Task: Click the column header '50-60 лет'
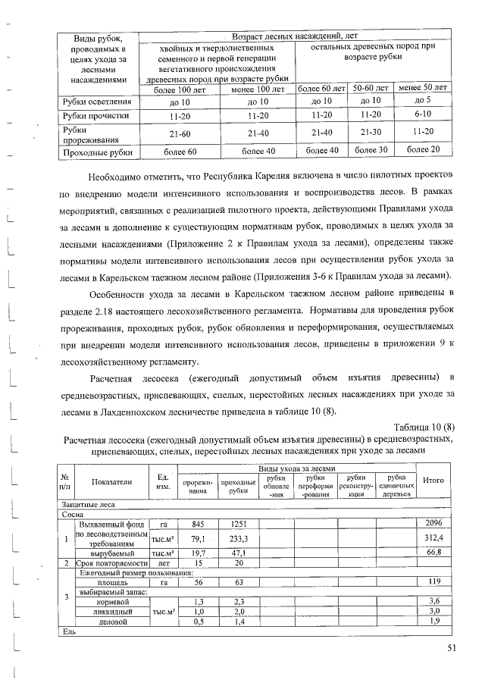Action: [x=371, y=88]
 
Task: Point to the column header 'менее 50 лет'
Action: [x=423, y=88]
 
